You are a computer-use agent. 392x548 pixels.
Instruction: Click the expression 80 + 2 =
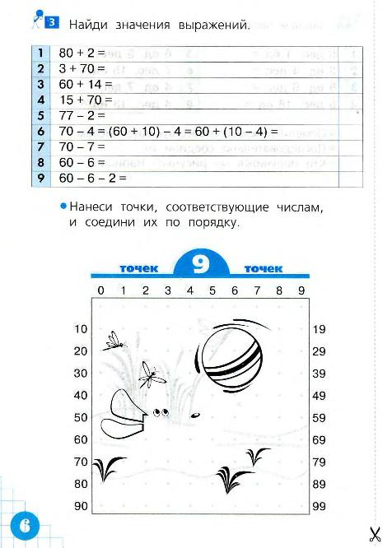point(82,52)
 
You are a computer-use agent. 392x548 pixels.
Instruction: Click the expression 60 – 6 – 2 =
point(92,177)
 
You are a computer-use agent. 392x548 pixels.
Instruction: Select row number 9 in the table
point(40,177)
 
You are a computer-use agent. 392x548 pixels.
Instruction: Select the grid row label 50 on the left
point(81,418)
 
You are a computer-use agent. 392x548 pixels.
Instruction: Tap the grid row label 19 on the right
point(320,329)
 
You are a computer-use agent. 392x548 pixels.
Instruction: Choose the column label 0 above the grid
point(100,290)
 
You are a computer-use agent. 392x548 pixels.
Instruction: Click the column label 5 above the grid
point(212,290)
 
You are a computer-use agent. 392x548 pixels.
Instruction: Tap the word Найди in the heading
point(88,26)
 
